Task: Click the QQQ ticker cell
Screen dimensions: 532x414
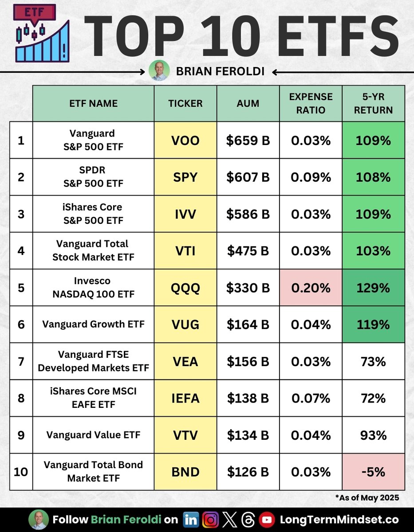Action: click(185, 288)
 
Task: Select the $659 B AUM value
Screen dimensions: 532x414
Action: click(248, 141)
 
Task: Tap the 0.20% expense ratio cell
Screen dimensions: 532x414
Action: click(311, 288)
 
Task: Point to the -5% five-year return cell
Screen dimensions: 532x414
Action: click(373, 472)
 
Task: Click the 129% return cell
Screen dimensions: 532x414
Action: click(373, 288)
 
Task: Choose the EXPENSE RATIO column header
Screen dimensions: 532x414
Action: click(311, 103)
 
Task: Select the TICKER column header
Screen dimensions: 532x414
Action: click(185, 103)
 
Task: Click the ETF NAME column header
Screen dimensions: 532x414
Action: click(93, 103)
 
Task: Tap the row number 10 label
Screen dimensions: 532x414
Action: click(20, 472)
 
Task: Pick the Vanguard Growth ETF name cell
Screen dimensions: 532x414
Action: click(93, 324)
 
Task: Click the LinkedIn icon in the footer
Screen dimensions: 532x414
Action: click(191, 520)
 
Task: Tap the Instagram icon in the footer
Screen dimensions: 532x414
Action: click(210, 520)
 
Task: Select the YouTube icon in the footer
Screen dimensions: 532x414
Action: click(266, 520)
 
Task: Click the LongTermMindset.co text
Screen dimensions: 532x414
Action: click(339, 520)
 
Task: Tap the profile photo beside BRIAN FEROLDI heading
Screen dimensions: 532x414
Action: click(159, 71)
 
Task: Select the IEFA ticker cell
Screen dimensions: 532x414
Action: click(185, 398)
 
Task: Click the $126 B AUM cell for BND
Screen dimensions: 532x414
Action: click(248, 472)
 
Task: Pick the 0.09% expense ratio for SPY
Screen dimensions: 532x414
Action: click(311, 177)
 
